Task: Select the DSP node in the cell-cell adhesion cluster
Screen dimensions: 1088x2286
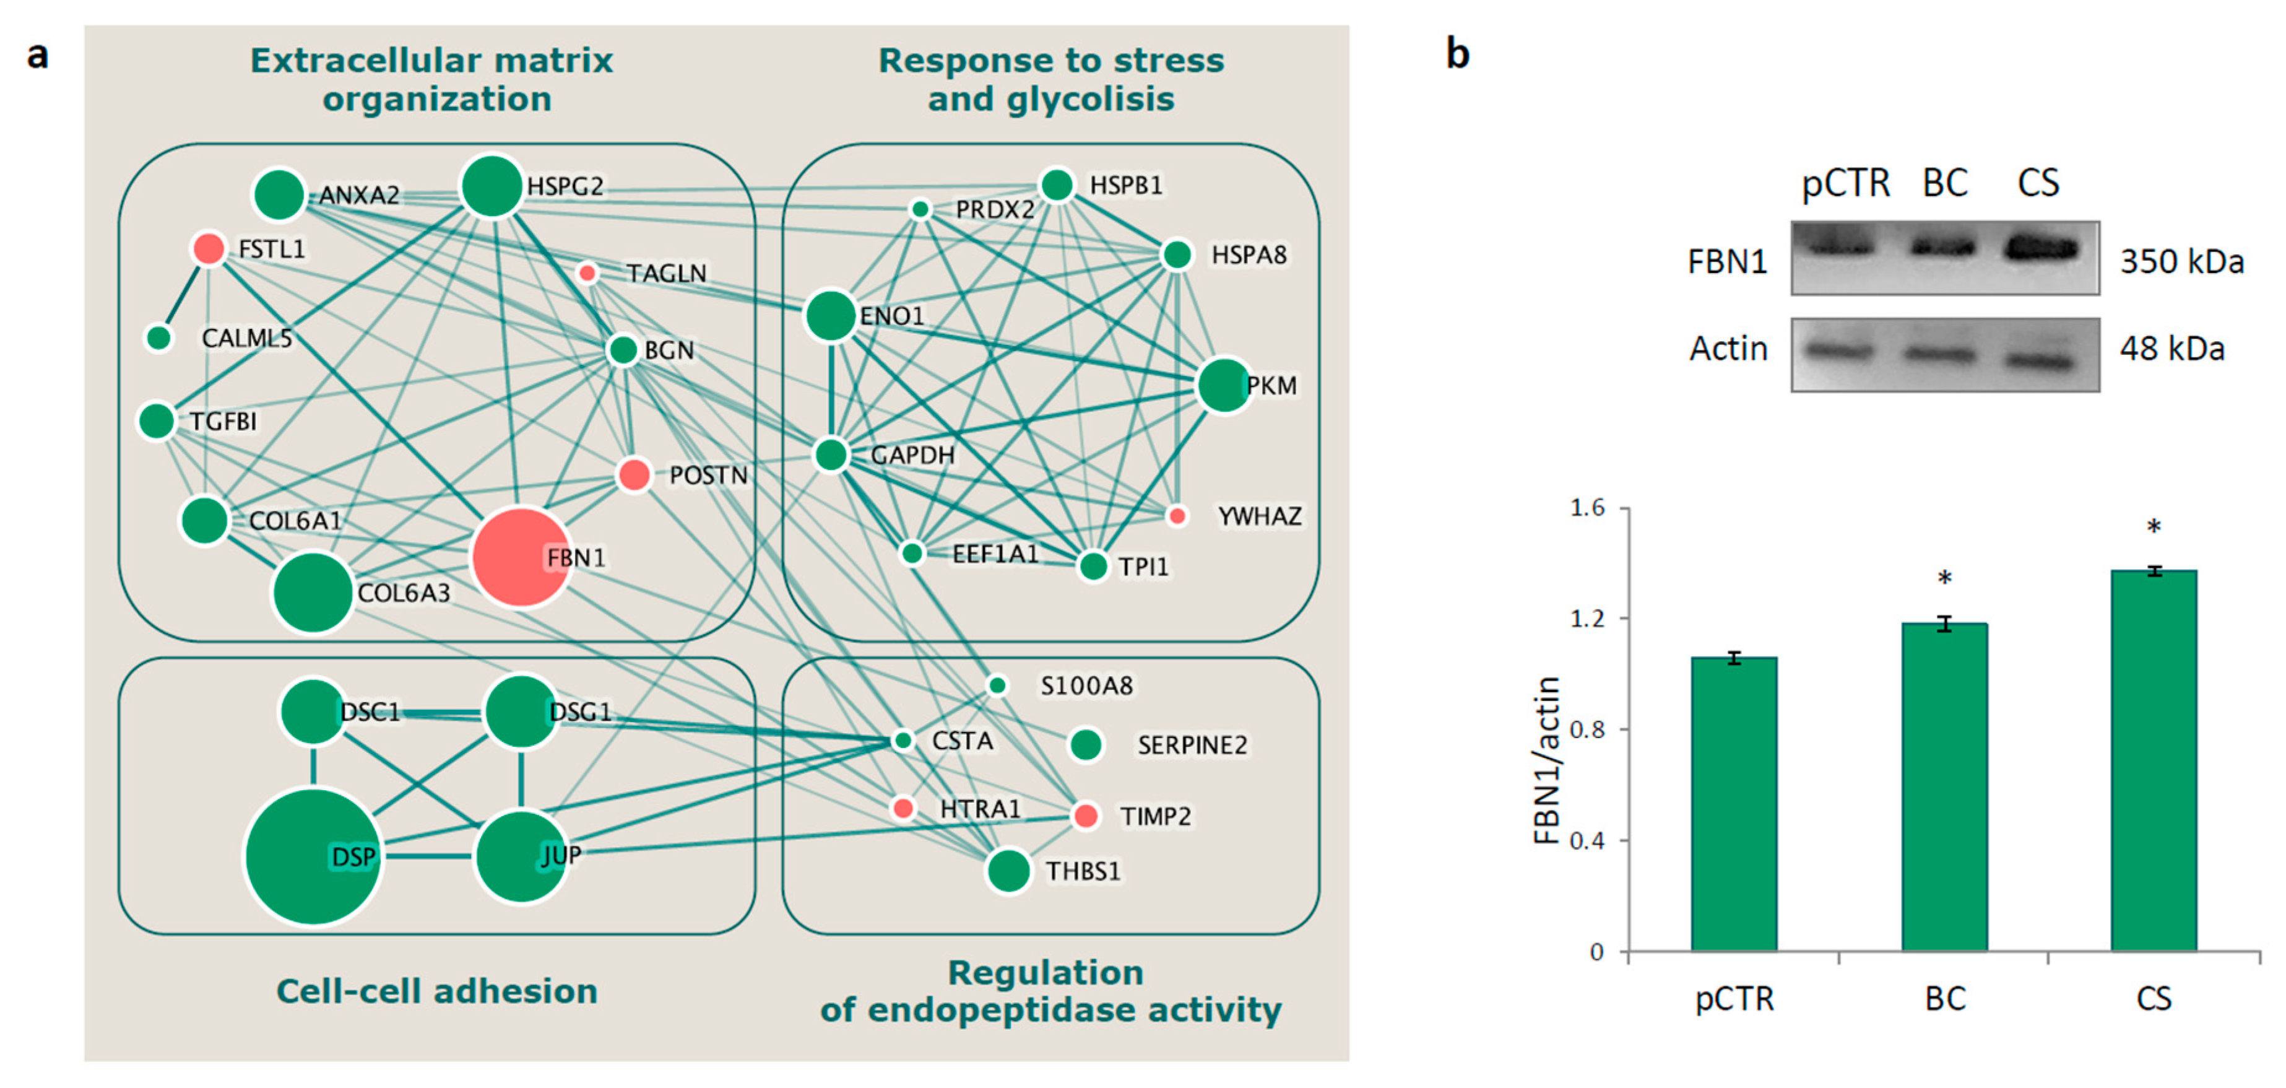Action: (313, 856)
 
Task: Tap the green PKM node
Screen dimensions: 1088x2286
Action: (1224, 385)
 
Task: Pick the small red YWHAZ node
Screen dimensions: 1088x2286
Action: (1177, 516)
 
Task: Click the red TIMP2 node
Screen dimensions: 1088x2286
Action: (1085, 815)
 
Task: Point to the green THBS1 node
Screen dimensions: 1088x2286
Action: (1008, 871)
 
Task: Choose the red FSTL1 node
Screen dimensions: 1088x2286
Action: (209, 248)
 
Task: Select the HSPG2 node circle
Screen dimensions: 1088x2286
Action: (491, 186)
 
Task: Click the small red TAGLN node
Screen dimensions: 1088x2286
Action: (587, 272)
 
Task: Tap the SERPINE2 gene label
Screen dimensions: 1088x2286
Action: (1192, 744)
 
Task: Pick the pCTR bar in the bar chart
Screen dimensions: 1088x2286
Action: (1733, 803)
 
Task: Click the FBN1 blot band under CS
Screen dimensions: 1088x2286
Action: (2041, 248)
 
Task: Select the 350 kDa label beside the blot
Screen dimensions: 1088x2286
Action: (2181, 262)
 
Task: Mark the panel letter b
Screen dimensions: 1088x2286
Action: (1457, 53)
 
